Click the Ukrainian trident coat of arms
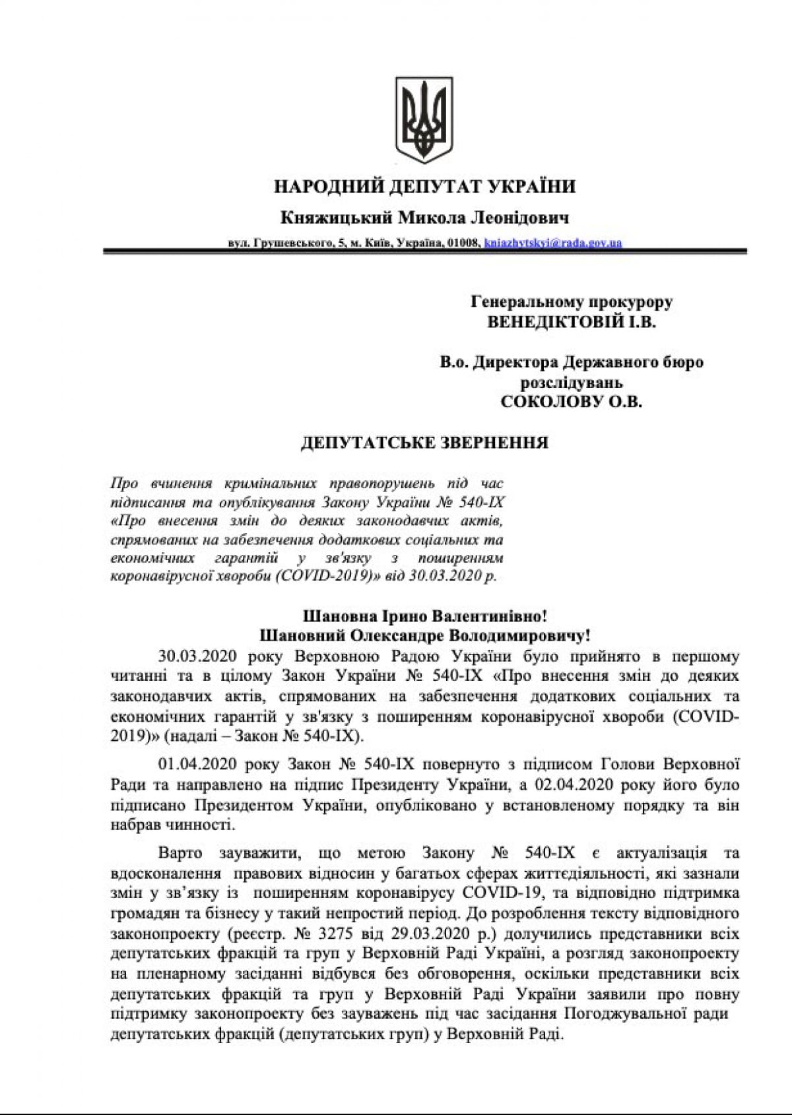tap(424, 120)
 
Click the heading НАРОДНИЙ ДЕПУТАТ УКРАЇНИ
tap(424, 187)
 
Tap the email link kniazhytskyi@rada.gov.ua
tap(552, 243)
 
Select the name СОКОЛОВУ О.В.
tap(572, 402)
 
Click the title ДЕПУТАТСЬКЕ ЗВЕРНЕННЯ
tap(424, 443)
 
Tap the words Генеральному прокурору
tap(572, 302)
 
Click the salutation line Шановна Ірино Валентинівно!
tap(424, 617)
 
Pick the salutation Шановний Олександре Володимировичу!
tap(424, 636)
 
